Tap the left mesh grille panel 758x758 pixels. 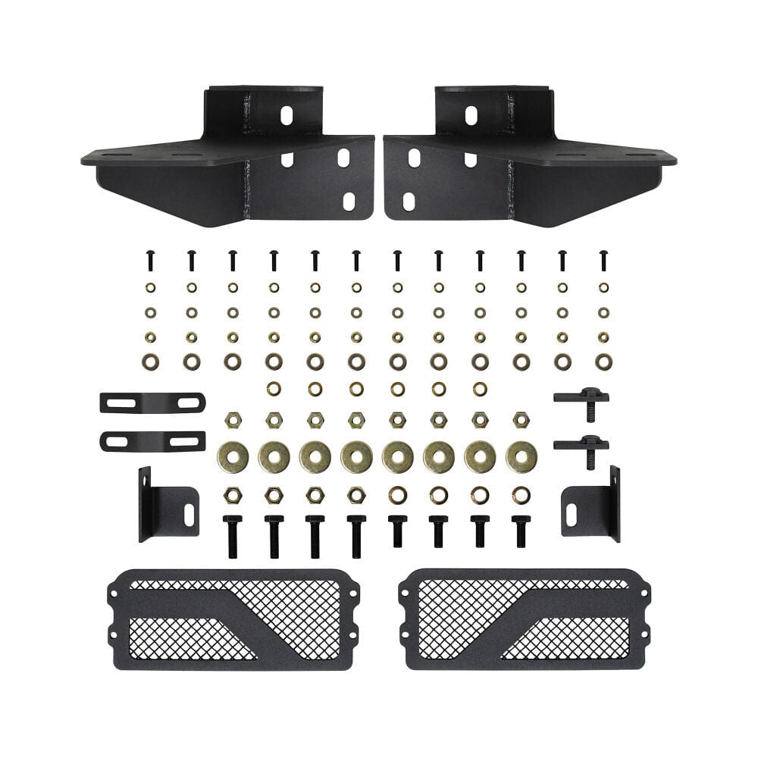233,619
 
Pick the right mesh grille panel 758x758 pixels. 525,619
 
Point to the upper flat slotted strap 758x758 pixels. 152,402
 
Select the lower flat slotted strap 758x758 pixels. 152,440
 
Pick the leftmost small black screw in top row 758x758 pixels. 150,261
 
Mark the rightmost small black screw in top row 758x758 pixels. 603,261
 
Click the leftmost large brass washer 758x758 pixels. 233,457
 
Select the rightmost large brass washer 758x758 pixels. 522,457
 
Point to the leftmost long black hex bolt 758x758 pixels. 233,536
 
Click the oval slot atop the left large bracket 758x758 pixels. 287,115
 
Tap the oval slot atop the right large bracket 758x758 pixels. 471,115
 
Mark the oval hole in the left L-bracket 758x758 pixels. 189,514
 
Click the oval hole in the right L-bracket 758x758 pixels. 571,514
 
